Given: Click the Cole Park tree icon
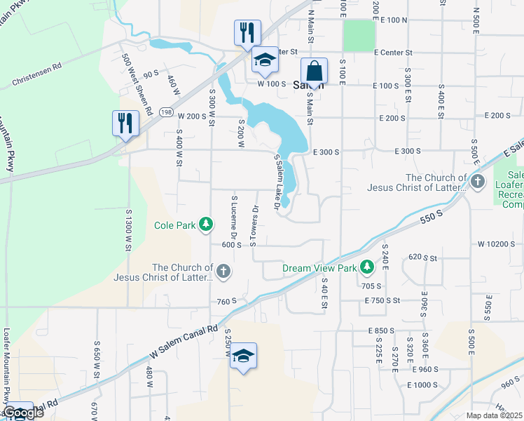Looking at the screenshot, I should (205, 225).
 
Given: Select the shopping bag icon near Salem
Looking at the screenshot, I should (314, 72).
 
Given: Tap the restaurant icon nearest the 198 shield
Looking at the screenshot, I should (125, 123).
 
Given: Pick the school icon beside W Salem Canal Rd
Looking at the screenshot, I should (243, 356).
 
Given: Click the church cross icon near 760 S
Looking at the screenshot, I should (223, 272).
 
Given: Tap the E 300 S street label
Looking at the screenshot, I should (326, 151).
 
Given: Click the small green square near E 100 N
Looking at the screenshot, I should (358, 33).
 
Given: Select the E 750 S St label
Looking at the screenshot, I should (382, 300).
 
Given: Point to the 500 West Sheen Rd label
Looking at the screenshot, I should (137, 84).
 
